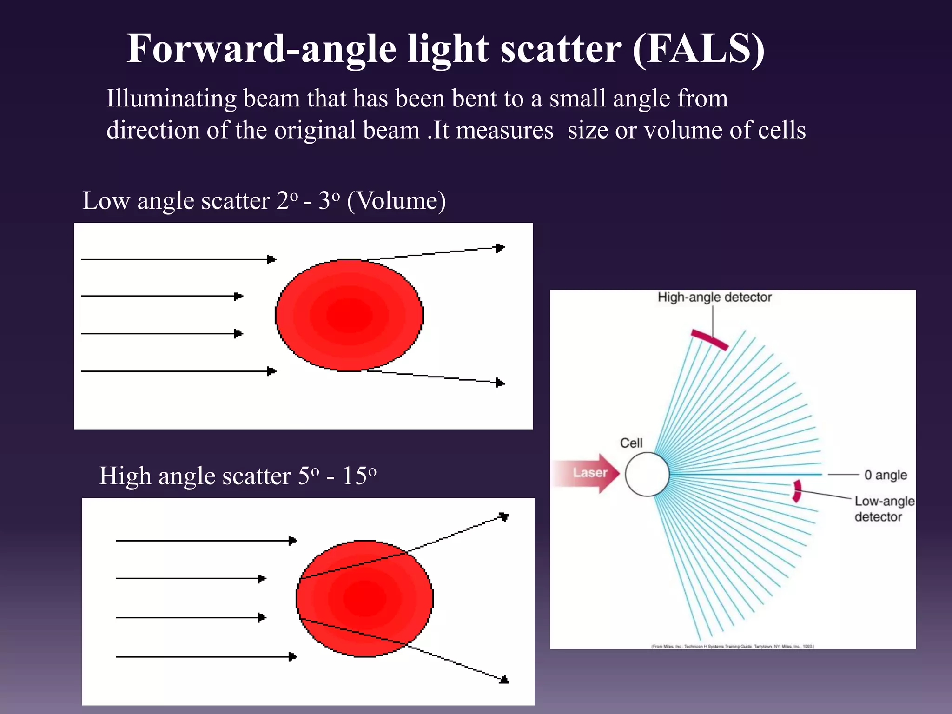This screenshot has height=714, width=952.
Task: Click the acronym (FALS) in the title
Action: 698,49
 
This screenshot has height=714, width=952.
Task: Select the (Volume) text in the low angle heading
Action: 396,201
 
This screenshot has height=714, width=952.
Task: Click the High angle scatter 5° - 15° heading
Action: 238,476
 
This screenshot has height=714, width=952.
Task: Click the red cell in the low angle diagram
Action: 349,315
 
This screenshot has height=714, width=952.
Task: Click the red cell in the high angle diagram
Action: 365,598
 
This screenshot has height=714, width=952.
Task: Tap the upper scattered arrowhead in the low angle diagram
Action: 500,248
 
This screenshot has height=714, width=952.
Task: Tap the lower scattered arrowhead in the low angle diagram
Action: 500,383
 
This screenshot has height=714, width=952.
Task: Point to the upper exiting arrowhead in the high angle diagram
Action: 504,516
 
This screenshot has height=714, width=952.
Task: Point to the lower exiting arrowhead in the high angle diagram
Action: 505,680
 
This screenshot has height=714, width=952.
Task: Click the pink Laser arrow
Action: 588,473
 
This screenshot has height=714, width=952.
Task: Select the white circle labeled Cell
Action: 647,474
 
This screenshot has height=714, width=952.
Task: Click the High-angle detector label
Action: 714,297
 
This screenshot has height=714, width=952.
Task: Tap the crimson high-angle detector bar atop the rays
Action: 709,339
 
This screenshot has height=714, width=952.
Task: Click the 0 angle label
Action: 885,475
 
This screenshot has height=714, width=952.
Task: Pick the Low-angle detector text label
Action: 884,509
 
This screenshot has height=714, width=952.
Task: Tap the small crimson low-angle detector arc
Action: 797,491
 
